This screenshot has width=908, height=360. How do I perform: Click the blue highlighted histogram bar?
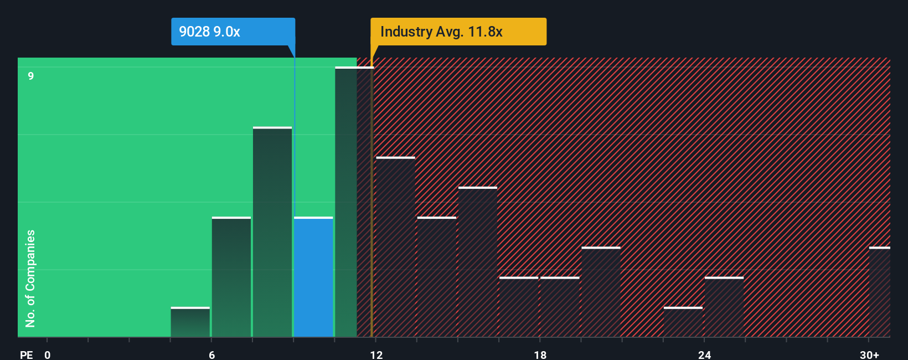point(313,277)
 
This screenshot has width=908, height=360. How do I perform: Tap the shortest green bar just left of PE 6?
point(190,322)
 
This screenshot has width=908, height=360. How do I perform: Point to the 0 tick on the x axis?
point(48,354)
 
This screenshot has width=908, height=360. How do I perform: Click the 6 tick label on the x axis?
point(211,354)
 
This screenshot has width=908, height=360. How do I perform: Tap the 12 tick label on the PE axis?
point(376,354)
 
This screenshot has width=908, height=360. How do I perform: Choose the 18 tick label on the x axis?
point(540,354)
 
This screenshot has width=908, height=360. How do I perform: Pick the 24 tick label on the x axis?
point(704,354)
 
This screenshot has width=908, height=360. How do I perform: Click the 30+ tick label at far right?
point(869,354)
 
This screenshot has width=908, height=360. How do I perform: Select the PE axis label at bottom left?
point(26,354)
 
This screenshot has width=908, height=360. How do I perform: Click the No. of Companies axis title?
point(30,278)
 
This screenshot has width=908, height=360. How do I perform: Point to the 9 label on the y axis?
point(31,76)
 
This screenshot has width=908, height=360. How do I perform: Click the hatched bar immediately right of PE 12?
point(395,247)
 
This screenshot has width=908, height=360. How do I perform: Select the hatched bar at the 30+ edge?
point(879,292)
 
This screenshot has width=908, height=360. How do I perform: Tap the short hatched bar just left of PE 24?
point(683,322)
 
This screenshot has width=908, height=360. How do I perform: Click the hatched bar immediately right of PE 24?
point(724,307)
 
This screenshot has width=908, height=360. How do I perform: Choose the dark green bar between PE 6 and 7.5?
point(231,277)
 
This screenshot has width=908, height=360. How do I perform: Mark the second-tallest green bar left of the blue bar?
point(272,232)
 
